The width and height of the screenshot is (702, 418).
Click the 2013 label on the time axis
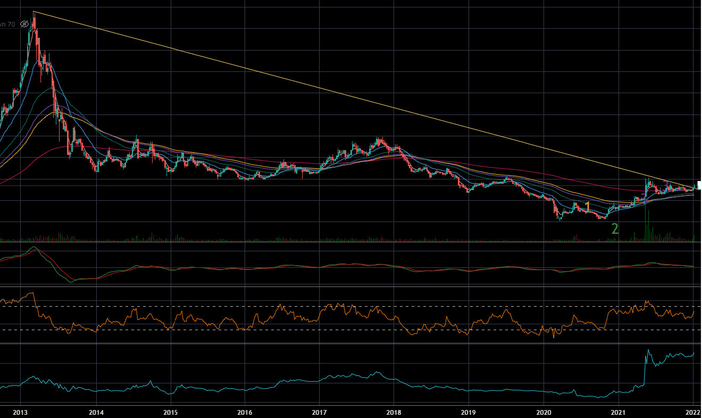(20, 412)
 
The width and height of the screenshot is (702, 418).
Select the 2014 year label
(96, 412)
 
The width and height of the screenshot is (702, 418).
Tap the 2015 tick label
(170, 412)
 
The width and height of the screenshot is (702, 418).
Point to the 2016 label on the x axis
(245, 412)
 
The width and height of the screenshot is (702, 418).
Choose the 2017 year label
(319, 412)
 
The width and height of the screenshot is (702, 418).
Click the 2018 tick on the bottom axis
(394, 412)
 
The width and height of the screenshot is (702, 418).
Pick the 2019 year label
(468, 412)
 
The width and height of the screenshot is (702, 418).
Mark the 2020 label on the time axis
(544, 412)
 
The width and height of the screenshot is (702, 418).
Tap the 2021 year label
(618, 412)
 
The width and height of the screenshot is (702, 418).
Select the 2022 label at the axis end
(692, 412)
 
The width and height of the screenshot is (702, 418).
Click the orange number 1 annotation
(588, 207)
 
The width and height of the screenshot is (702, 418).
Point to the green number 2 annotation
(615, 229)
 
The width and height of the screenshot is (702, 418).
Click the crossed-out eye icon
(24, 24)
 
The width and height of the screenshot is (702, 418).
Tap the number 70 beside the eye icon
(11, 24)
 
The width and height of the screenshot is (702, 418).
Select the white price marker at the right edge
(699, 185)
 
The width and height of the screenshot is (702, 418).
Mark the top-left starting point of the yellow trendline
(33, 11)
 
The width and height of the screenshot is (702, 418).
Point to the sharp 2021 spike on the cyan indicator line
(648, 350)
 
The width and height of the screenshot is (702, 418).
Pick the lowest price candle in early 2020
(559, 219)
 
